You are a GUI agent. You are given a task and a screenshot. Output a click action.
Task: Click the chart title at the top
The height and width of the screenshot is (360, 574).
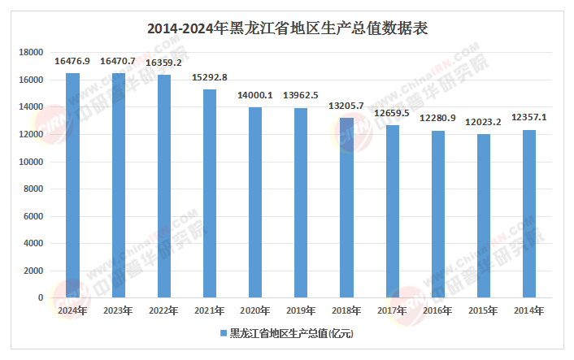[287, 28]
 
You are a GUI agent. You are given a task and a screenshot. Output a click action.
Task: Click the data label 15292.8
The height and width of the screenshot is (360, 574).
[210, 77]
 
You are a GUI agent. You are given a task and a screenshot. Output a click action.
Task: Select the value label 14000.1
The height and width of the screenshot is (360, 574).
[255, 95]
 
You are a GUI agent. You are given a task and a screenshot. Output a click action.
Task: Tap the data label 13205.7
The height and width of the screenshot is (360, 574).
[346, 106]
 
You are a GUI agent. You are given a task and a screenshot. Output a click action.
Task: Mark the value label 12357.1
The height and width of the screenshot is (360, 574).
[529, 117]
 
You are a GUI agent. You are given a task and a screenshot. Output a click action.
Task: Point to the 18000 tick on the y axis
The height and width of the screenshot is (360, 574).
[31, 53]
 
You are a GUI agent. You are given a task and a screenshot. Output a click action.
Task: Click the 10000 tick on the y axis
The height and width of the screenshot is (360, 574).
[31, 162]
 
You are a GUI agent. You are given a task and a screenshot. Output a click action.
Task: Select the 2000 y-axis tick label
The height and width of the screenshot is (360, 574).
[33, 271]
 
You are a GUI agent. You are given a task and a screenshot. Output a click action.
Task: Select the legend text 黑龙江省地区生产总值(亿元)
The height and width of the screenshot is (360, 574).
[291, 333]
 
